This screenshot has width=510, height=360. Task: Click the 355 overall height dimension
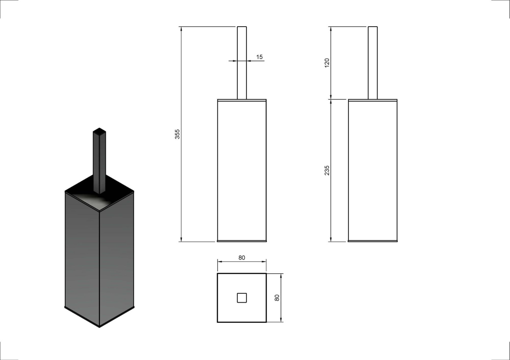(177, 134)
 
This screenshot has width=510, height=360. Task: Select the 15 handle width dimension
(259, 57)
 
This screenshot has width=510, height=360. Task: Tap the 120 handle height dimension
(327, 63)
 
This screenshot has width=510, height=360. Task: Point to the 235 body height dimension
(327, 171)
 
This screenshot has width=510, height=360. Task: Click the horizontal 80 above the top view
(242, 258)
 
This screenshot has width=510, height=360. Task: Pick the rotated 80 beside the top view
(277, 298)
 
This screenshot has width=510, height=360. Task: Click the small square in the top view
(242, 298)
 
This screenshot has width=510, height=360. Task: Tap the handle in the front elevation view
(242, 63)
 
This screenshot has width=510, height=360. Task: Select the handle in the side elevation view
(373, 63)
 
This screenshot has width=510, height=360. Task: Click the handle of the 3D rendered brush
(100, 161)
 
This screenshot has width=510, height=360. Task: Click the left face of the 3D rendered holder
(82, 260)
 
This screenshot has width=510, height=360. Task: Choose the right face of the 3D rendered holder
(117, 260)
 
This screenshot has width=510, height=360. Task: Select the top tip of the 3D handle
(100, 128)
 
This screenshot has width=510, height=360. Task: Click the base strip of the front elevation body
(242, 241)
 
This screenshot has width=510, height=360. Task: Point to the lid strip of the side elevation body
(373, 100)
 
